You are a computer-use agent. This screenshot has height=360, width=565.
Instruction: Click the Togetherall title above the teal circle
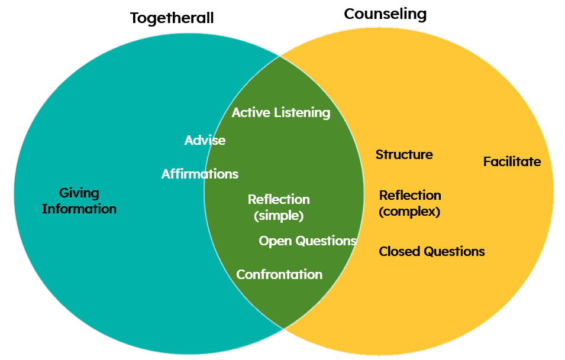(172, 18)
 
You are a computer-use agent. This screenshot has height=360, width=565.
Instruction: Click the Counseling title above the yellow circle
(385, 14)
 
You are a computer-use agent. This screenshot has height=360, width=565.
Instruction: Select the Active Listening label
(281, 112)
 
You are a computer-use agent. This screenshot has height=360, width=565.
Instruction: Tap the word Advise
(205, 140)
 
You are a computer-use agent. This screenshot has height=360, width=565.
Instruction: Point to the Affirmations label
(200, 174)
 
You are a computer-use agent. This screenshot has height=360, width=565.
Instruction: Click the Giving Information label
(79, 201)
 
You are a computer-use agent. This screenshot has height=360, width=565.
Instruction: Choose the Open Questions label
(308, 241)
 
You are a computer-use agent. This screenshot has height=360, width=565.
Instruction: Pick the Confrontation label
(279, 274)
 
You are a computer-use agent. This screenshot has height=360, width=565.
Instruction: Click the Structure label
(404, 155)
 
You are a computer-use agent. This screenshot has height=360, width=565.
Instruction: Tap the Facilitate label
(512, 161)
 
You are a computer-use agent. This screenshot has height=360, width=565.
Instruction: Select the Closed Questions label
(432, 252)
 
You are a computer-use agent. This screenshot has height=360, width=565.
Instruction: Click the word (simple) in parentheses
(279, 216)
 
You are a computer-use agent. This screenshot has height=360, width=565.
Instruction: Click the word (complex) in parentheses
(409, 212)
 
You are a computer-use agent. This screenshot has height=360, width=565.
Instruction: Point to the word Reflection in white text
(279, 200)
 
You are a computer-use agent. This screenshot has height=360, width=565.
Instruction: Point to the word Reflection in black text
(410, 195)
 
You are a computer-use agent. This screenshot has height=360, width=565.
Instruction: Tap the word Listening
(303, 112)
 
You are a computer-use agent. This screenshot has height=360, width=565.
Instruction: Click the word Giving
(79, 193)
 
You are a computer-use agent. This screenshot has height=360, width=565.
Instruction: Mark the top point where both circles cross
(280, 56)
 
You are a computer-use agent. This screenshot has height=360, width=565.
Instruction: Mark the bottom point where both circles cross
(283, 328)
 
